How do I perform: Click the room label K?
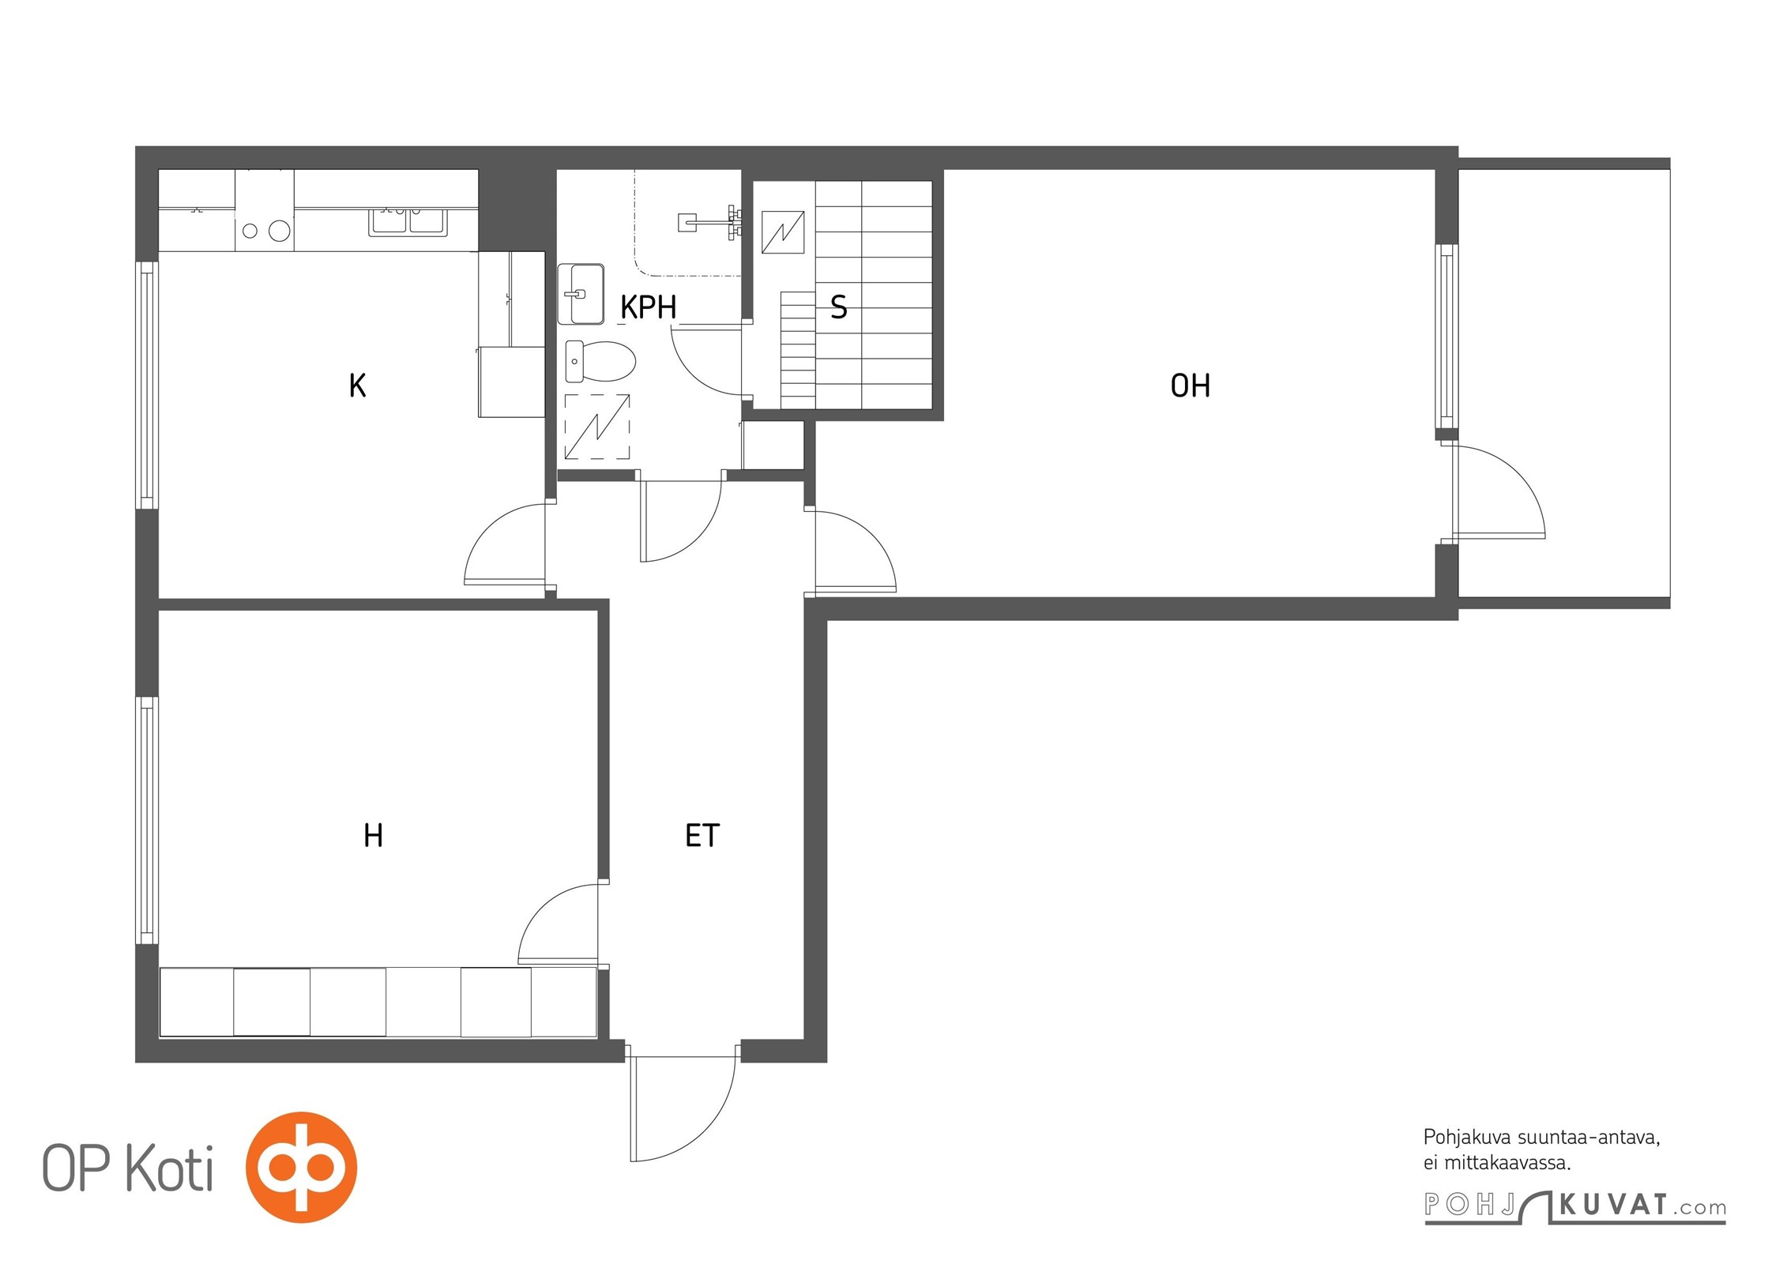pyautogui.click(x=357, y=386)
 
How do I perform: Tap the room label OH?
pyautogui.click(x=1190, y=386)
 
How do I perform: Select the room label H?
pyautogui.click(x=373, y=835)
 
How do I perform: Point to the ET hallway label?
pyautogui.click(x=702, y=835)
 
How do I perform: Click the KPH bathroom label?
pyautogui.click(x=648, y=307)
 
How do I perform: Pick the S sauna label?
pyautogui.click(x=839, y=307)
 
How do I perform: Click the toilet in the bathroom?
pyautogui.click(x=600, y=362)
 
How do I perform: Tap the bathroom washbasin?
pyautogui.click(x=581, y=294)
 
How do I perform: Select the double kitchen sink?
pyautogui.click(x=408, y=222)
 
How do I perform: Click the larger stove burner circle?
pyautogui.click(x=279, y=231)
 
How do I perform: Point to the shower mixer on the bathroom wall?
pyautogui.click(x=711, y=221)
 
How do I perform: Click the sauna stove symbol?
pyautogui.click(x=783, y=232)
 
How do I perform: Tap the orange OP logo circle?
pyautogui.click(x=301, y=1168)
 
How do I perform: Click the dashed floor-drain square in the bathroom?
pyautogui.click(x=597, y=427)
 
